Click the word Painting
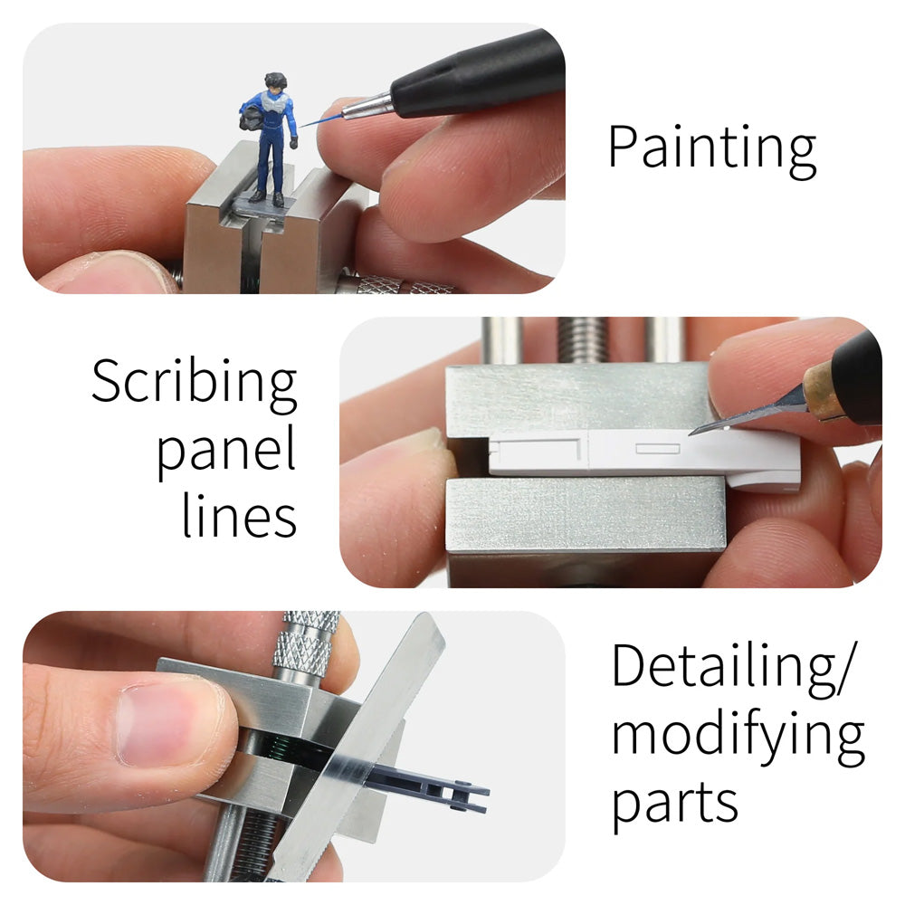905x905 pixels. (711, 148)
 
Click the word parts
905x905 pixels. (674, 801)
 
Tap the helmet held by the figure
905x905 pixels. (249, 118)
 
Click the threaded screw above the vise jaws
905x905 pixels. (584, 339)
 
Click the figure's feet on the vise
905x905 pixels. (268, 196)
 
